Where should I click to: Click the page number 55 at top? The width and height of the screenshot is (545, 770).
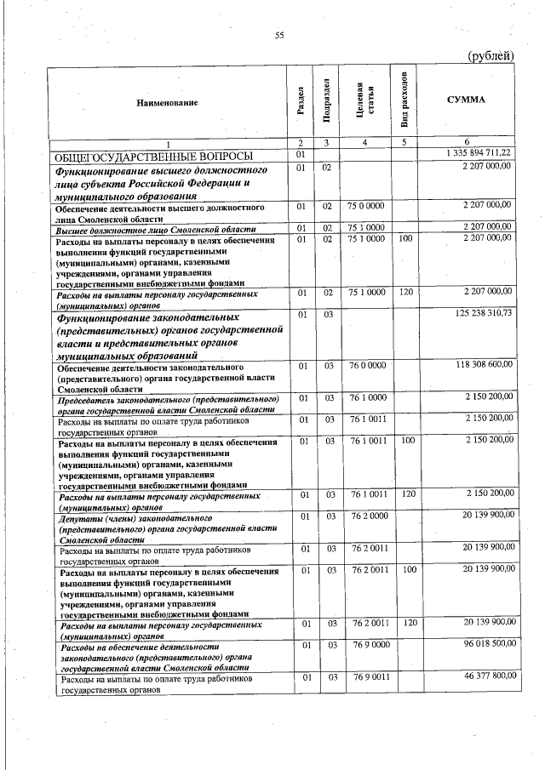pos(278,35)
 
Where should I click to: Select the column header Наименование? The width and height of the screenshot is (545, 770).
pos(167,102)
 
